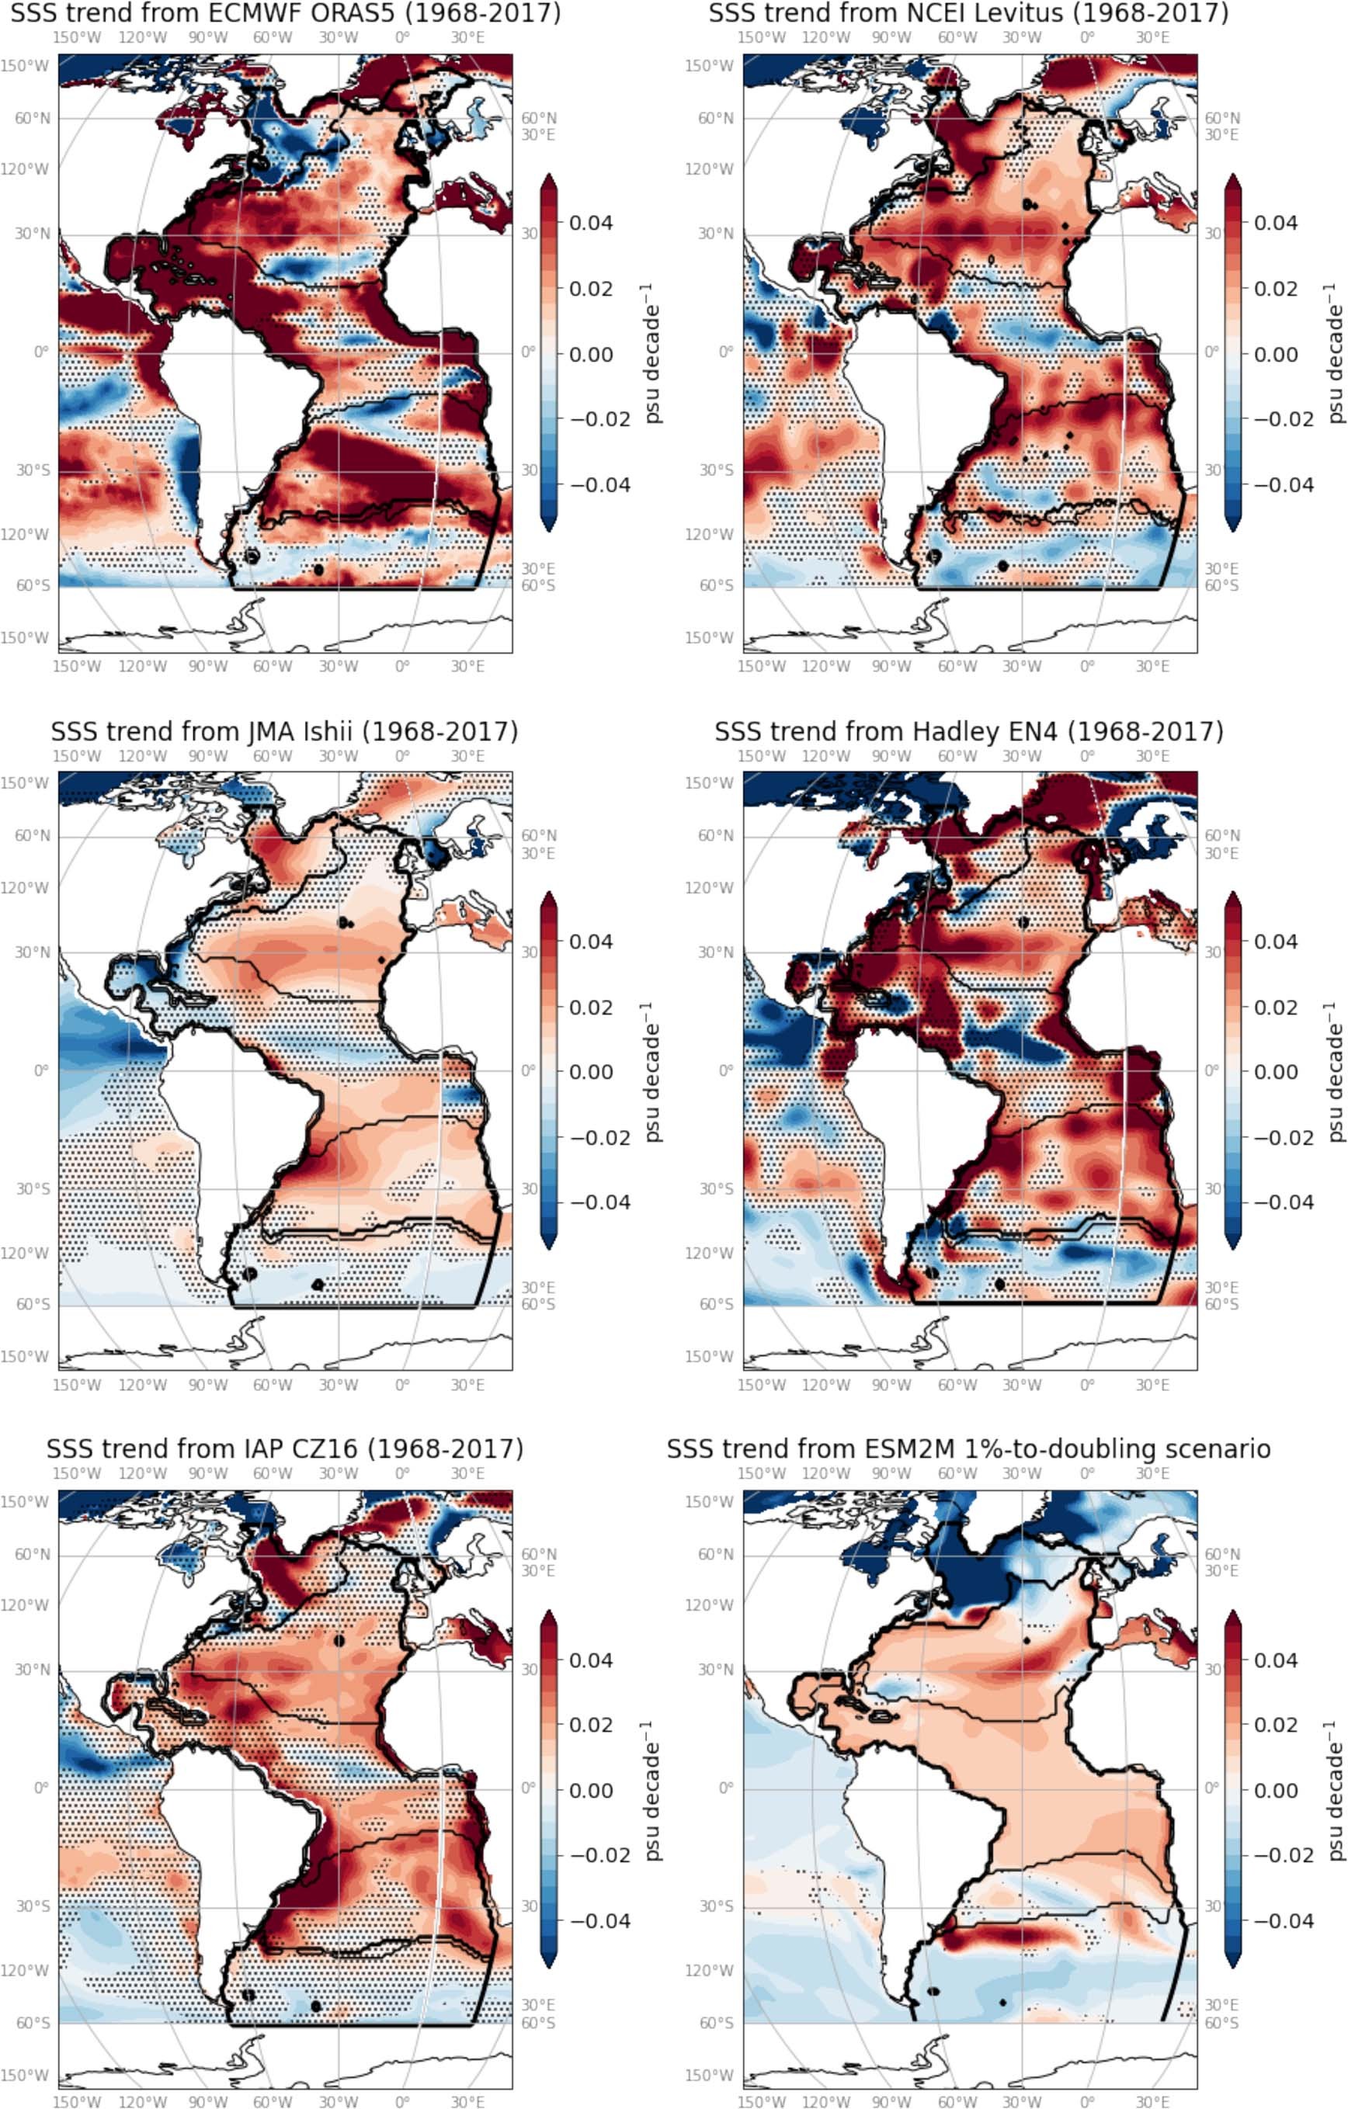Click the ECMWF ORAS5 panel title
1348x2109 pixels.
point(286,13)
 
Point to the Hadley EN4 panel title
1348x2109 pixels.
point(969,731)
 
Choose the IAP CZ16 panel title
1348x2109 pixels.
point(285,1448)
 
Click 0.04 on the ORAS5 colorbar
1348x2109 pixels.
point(590,223)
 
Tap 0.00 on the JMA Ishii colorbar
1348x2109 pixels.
point(590,1071)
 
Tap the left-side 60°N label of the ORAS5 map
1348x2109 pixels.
point(33,118)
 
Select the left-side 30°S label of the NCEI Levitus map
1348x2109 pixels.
point(716,470)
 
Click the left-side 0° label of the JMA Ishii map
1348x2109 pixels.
point(40,1070)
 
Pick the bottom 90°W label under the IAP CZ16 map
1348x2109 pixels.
point(207,2101)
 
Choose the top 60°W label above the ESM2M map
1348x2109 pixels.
point(957,1473)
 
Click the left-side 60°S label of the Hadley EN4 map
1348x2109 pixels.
point(717,1304)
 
